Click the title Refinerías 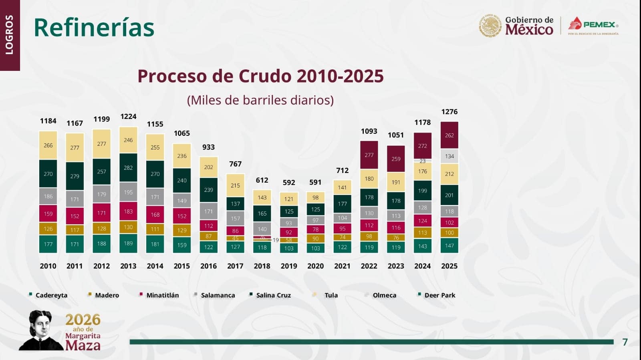click(x=94, y=28)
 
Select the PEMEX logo click(x=593, y=25)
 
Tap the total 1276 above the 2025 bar click(x=449, y=112)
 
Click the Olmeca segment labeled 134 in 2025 click(x=449, y=156)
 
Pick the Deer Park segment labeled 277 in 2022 click(x=369, y=155)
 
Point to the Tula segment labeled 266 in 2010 click(x=48, y=145)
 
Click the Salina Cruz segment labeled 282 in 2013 click(x=128, y=168)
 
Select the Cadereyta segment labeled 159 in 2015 click(x=182, y=245)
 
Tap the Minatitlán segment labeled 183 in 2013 click(x=128, y=211)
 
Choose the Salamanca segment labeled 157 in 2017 click(x=235, y=218)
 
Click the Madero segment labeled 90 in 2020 click(x=316, y=239)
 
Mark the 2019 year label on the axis click(x=289, y=266)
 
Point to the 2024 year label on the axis click(x=422, y=266)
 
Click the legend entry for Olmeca click(x=384, y=295)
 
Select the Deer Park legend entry click(x=439, y=295)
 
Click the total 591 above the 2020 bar click(x=315, y=182)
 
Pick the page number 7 click(x=625, y=342)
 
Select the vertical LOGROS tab click(x=10, y=35)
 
